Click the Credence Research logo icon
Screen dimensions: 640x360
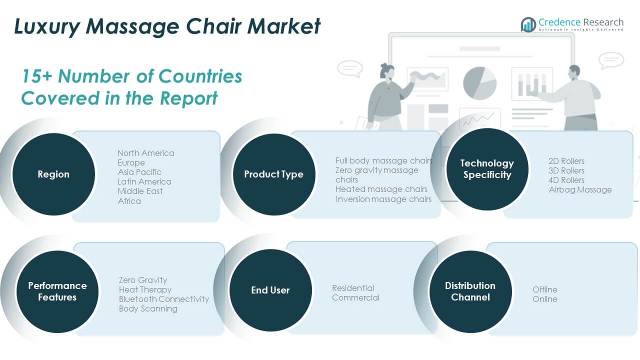(x=528, y=24)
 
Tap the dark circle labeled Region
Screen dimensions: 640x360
(x=53, y=174)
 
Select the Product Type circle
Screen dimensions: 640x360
(x=274, y=174)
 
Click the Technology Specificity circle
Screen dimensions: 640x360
(x=487, y=169)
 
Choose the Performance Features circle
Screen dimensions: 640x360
(x=57, y=291)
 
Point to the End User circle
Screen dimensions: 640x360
(x=270, y=290)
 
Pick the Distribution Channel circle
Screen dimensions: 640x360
(x=470, y=291)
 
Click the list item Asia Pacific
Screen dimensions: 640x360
(x=139, y=172)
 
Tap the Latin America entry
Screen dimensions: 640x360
(x=144, y=181)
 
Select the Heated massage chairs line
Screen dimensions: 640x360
(x=381, y=189)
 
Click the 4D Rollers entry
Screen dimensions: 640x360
(x=566, y=180)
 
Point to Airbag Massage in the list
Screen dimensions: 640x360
(x=580, y=189)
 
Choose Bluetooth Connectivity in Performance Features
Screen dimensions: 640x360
(x=164, y=299)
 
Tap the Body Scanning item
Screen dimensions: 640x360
(x=148, y=309)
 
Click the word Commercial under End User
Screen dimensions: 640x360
(x=355, y=297)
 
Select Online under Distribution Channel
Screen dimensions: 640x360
(x=545, y=299)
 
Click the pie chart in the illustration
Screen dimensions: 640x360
(x=479, y=83)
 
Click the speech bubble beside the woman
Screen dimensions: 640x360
(x=350, y=68)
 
